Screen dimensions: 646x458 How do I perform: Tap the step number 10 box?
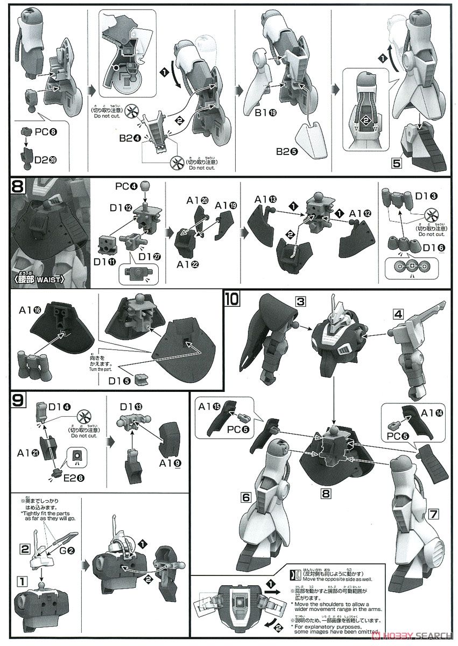(x=233, y=297)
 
